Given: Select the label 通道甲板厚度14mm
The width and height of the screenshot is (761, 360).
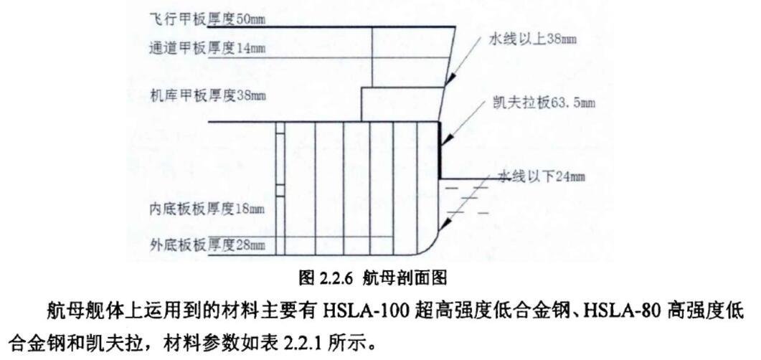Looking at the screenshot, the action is click(x=208, y=48).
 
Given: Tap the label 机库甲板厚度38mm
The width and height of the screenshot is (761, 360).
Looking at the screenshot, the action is click(x=208, y=96).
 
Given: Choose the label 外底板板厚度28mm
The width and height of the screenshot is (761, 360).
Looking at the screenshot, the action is click(x=207, y=245).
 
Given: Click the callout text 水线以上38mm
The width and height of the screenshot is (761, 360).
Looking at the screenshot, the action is click(x=532, y=39).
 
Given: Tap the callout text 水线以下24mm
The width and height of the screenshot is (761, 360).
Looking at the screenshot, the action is click(x=541, y=177).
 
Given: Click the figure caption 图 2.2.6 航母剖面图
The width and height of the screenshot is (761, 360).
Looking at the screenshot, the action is click(x=373, y=278).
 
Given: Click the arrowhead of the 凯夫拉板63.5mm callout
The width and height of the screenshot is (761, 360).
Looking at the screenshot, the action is click(x=445, y=141).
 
